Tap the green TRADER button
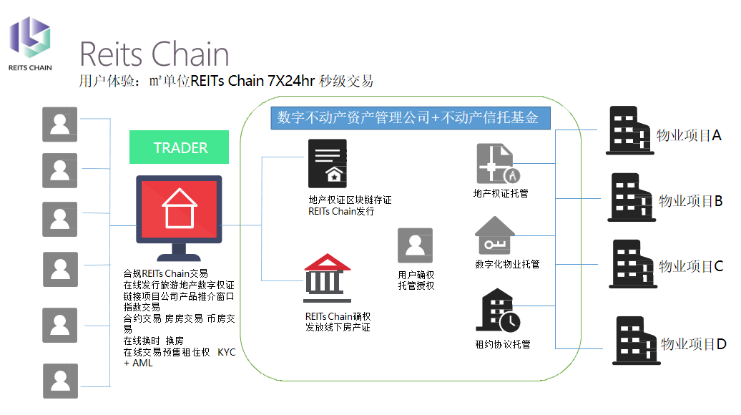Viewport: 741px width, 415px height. [180, 148]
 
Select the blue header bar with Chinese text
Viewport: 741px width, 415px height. [410, 117]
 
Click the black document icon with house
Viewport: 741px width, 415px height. [327, 163]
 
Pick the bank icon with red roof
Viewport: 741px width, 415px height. [328, 275]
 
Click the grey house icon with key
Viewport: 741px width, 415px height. [494, 235]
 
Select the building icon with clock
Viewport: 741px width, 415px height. [501, 312]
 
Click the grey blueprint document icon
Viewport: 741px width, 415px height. [496, 163]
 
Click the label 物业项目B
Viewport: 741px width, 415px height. [690, 201]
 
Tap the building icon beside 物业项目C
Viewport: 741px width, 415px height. [632, 263]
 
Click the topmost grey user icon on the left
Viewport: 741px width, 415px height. [60, 125]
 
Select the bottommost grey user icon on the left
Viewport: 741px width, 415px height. [60, 381]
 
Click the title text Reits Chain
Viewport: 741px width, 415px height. [154, 54]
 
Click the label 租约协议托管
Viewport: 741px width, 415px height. [502, 344]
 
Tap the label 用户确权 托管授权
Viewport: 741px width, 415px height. [416, 280]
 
